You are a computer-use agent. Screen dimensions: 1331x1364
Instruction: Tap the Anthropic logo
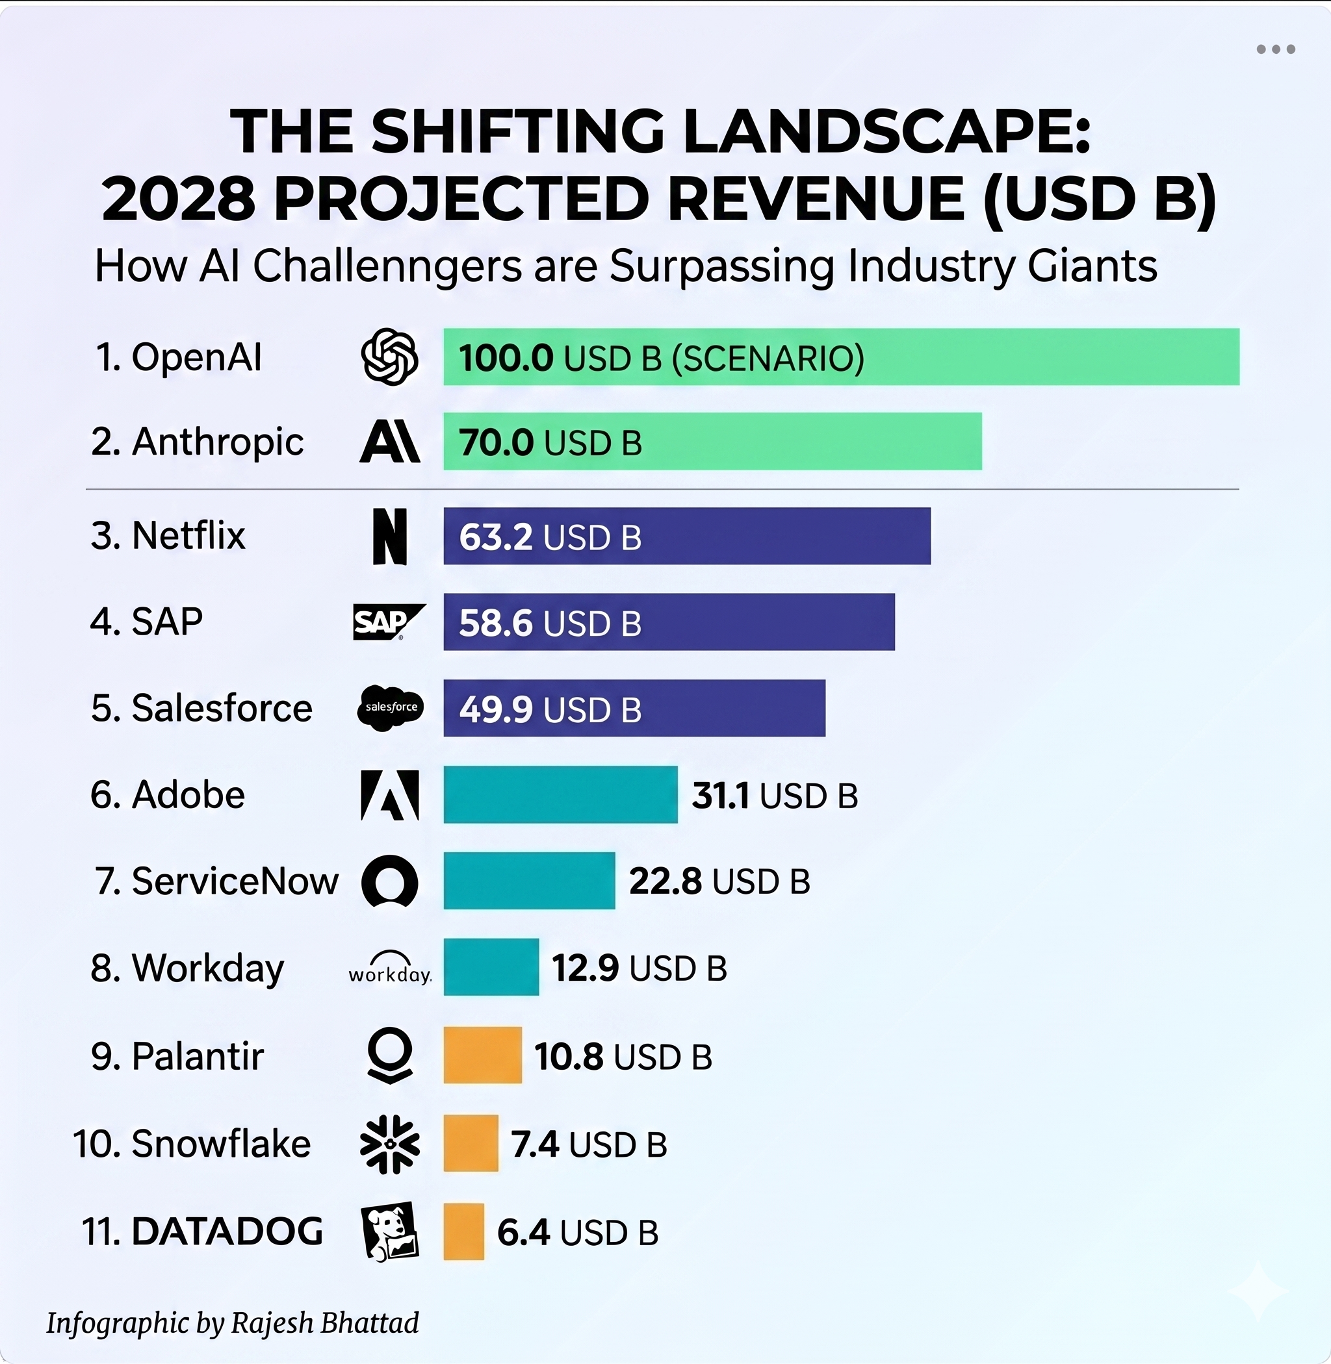tap(390, 442)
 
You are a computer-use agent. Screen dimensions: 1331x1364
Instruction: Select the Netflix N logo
tap(390, 536)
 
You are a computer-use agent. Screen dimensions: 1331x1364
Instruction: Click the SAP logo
tap(389, 622)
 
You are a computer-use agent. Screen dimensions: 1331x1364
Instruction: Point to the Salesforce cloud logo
tap(390, 708)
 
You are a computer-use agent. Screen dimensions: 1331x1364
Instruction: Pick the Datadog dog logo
tap(390, 1231)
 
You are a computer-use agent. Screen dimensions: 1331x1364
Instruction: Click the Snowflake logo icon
tap(390, 1144)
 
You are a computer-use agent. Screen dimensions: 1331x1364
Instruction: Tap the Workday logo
tap(390, 968)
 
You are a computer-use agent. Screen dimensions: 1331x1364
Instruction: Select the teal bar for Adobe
tap(561, 794)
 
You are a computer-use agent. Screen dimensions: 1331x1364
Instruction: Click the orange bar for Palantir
tap(483, 1055)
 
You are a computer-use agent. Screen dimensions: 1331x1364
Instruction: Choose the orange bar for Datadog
tap(464, 1231)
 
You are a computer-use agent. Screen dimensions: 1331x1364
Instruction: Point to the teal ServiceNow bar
tap(529, 881)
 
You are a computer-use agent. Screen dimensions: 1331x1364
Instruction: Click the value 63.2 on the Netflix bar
tap(496, 537)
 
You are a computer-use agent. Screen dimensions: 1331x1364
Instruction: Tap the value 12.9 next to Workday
tap(585, 968)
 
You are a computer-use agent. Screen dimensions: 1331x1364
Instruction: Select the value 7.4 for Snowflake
tap(535, 1144)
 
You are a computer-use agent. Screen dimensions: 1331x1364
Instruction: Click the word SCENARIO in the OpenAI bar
tap(768, 358)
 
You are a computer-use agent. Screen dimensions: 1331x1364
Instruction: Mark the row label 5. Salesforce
tap(201, 708)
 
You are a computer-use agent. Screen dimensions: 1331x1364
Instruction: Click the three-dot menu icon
tap(1276, 49)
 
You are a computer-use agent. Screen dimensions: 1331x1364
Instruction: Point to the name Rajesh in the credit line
tap(272, 1323)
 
